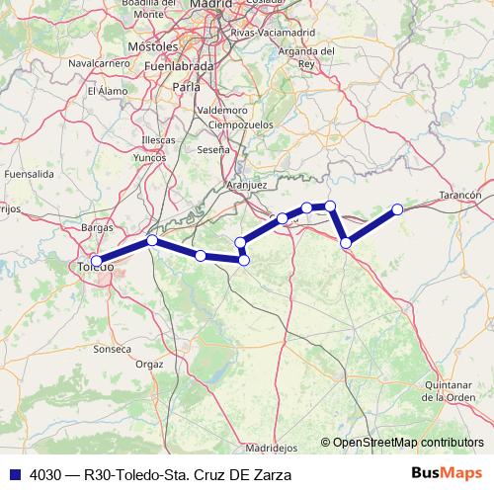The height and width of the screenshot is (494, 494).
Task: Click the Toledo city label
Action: (x=95, y=267)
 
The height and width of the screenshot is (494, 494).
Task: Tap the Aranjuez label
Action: (x=247, y=185)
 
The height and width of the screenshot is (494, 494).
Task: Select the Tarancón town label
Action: (x=459, y=196)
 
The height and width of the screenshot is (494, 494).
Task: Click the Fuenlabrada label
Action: (x=180, y=66)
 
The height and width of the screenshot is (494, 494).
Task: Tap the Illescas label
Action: (x=158, y=140)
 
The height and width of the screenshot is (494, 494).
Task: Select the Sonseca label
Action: (x=112, y=349)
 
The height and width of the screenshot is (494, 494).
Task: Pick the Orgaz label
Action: (x=149, y=364)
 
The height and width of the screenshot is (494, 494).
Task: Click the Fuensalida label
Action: (x=29, y=173)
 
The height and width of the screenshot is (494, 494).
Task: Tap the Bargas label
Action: (x=98, y=227)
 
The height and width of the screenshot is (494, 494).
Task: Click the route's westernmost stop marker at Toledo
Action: (x=96, y=261)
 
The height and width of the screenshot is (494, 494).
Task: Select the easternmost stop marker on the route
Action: (x=397, y=209)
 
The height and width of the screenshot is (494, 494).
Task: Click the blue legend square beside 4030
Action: (x=14, y=473)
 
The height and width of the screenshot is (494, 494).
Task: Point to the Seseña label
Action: (x=214, y=149)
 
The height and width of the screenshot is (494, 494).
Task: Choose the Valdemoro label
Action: (x=222, y=110)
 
